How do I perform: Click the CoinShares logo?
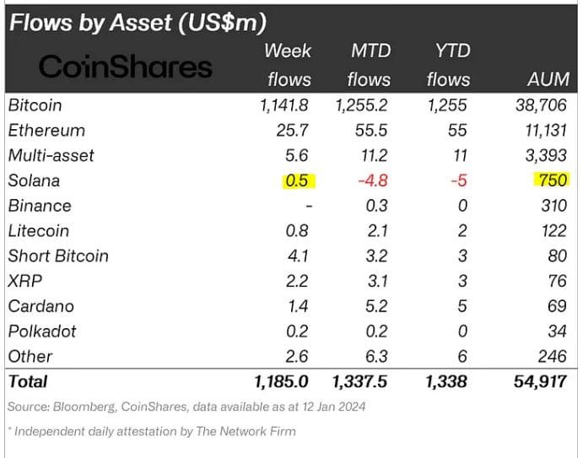(126, 67)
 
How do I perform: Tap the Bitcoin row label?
(35, 105)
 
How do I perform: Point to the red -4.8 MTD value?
(372, 181)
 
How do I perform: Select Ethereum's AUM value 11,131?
(541, 131)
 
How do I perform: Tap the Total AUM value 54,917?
(539, 382)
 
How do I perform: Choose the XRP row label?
(24, 281)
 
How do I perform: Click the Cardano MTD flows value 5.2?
(377, 306)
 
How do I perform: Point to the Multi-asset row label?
(51, 156)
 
